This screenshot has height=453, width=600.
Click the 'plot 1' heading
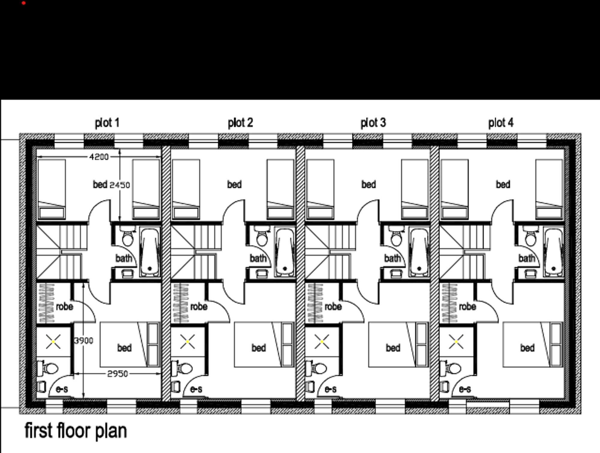[107, 123]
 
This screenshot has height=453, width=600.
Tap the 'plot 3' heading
[373, 123]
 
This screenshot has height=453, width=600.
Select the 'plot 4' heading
[501, 123]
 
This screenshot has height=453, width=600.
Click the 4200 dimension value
[99, 157]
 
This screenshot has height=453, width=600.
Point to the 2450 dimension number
[120, 185]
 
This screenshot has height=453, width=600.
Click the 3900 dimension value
[84, 341]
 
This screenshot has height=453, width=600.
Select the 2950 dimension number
[117, 374]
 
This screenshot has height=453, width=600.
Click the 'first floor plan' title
[76, 431]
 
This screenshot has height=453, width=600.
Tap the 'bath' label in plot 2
[258, 258]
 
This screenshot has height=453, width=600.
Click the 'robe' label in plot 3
[333, 307]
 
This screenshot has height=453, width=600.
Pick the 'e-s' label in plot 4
[465, 389]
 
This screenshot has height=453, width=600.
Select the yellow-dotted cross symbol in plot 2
[187, 342]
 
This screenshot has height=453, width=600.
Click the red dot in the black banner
[24, 3]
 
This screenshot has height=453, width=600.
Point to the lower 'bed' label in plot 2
[259, 348]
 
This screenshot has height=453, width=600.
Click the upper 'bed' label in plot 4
[503, 184]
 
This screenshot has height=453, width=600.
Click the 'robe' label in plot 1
[64, 307]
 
